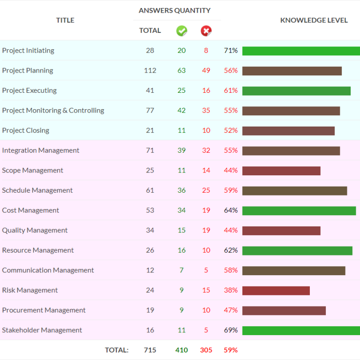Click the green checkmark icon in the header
(x=181, y=31)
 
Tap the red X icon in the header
(x=206, y=31)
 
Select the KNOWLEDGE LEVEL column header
(x=314, y=20)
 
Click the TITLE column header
(x=65, y=20)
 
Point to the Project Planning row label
(x=28, y=71)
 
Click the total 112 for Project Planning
(x=150, y=71)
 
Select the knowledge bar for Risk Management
(x=276, y=291)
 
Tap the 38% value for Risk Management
(x=231, y=291)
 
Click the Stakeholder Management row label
(x=42, y=330)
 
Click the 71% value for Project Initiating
(x=231, y=51)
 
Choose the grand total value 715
(x=150, y=350)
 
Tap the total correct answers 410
(x=181, y=350)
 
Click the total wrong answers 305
(x=206, y=350)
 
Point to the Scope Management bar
(x=281, y=171)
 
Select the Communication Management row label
(x=48, y=270)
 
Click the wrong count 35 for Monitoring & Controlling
(x=206, y=111)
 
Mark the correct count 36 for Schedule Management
(x=181, y=191)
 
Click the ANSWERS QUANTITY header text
(x=174, y=10)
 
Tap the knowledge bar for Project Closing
(x=288, y=131)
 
